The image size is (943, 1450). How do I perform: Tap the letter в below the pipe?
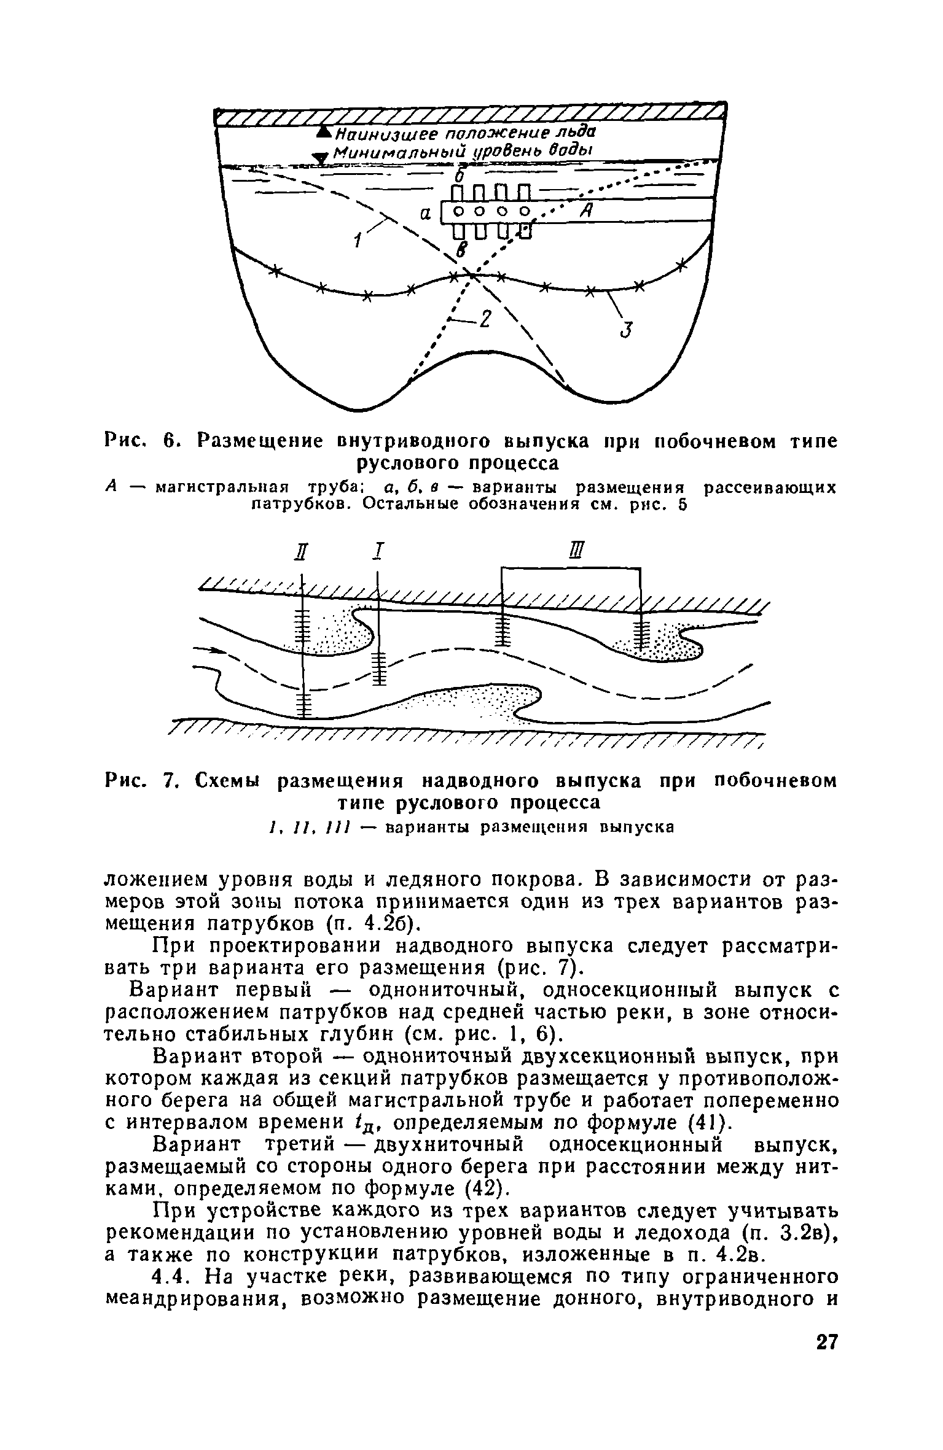(x=461, y=248)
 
